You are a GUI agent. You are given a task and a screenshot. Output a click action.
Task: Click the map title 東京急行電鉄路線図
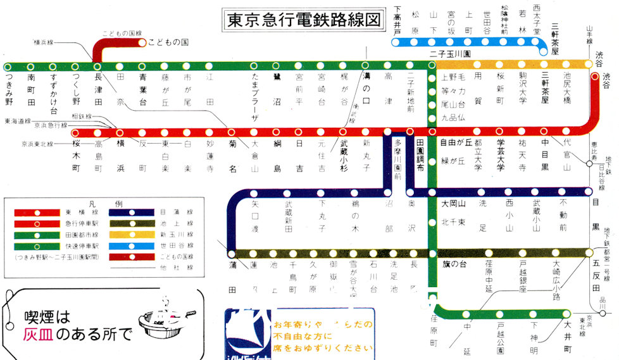pos(304,20)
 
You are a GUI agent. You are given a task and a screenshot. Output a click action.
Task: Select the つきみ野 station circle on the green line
pos(8,66)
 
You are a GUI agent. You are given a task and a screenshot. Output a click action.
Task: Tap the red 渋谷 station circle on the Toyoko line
pos(594,77)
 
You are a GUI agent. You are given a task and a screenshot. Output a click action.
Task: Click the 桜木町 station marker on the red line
pos(77,133)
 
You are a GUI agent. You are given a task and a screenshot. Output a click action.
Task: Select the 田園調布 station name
pos(419,154)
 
